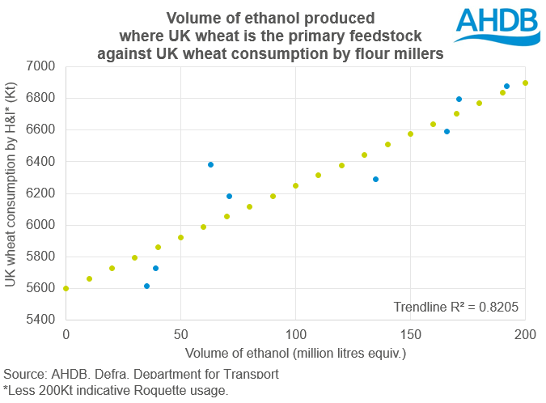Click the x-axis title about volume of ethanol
[295, 354]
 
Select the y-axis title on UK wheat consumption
[14, 193]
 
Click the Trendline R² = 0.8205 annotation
[455, 307]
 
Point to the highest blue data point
[506, 86]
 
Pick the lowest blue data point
[146, 286]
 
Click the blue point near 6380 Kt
[210, 164]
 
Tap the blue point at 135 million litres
[375, 179]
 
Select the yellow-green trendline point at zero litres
[66, 288]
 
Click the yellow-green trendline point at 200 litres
[525, 83]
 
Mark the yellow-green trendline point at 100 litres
[295, 185]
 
